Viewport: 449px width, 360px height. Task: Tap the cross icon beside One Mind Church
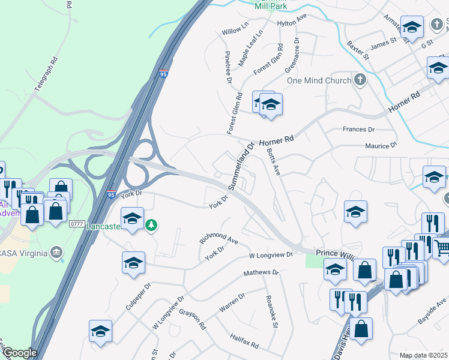360,80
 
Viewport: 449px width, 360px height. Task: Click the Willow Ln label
235,31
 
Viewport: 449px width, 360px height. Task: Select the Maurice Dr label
381,145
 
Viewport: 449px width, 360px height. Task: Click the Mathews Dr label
261,273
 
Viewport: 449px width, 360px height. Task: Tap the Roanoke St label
271,312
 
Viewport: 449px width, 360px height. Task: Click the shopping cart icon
442,247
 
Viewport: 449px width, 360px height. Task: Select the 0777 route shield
77,224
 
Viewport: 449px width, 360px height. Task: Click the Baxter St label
357,50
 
